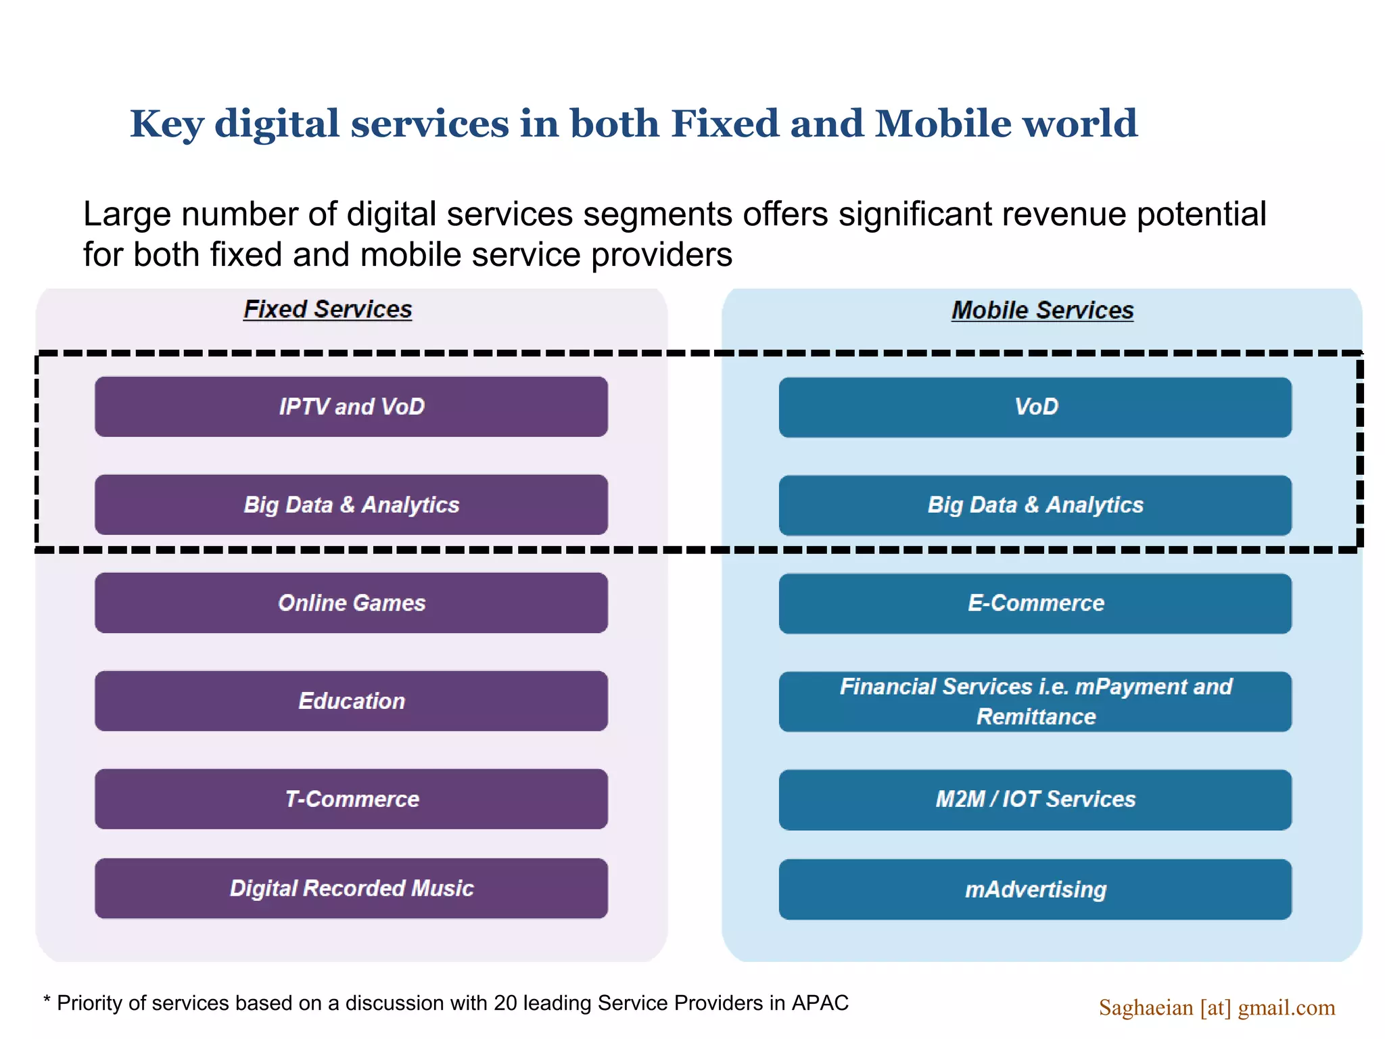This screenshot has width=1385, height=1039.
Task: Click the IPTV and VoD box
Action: [x=351, y=407]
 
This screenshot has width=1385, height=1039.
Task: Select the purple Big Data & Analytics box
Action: [x=351, y=505]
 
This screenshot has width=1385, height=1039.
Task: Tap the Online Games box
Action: [x=351, y=603]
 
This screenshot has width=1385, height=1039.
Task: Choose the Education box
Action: [x=351, y=701]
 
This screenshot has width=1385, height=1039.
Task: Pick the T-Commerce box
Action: [x=351, y=799]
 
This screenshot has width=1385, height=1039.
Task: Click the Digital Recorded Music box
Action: [x=351, y=888]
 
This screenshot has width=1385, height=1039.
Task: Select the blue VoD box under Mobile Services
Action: [x=1035, y=407]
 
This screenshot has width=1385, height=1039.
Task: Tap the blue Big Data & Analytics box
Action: [x=1035, y=505]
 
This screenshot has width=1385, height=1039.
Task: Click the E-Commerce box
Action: [x=1035, y=603]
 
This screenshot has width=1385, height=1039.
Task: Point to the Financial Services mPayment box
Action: [x=1035, y=701]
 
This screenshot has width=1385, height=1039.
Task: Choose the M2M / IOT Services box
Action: [x=1035, y=800]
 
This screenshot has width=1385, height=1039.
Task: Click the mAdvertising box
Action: [x=1035, y=890]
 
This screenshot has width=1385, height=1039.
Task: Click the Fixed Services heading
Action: [x=327, y=310]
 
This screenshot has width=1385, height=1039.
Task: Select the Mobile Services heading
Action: [x=1042, y=310]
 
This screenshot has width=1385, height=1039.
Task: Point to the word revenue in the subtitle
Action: [x=1064, y=214]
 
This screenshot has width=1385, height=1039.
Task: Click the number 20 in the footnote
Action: [x=505, y=1002]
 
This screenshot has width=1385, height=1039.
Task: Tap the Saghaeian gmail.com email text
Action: [x=1217, y=1008]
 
